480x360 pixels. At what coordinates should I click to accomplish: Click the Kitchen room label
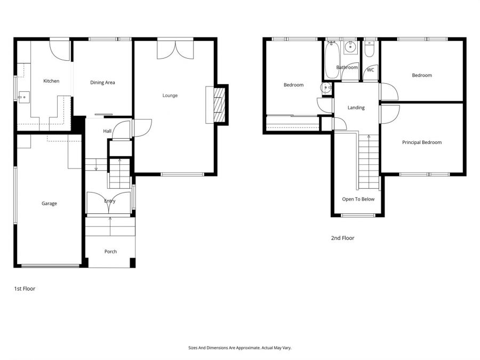[x=51, y=81]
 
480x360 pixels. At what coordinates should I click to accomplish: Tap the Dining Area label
[x=102, y=83]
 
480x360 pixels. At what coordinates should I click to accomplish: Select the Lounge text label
[x=170, y=95]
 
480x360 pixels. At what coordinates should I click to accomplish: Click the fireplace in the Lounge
[x=218, y=104]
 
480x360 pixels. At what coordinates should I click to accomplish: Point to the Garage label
[x=49, y=203]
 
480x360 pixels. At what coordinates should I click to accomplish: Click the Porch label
[x=110, y=252]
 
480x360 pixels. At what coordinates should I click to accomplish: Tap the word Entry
[x=110, y=201]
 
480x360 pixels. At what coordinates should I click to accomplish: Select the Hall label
[x=107, y=131]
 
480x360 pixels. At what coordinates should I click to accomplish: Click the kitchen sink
[x=23, y=97]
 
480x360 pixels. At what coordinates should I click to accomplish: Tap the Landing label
[x=356, y=108]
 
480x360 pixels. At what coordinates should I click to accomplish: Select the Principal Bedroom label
[x=422, y=142]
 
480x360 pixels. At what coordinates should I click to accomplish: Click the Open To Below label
[x=358, y=199]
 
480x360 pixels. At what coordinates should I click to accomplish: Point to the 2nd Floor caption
[x=342, y=238]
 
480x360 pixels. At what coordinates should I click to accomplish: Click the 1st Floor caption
[x=25, y=289]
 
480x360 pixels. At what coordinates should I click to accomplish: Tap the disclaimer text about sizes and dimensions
[x=240, y=348]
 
